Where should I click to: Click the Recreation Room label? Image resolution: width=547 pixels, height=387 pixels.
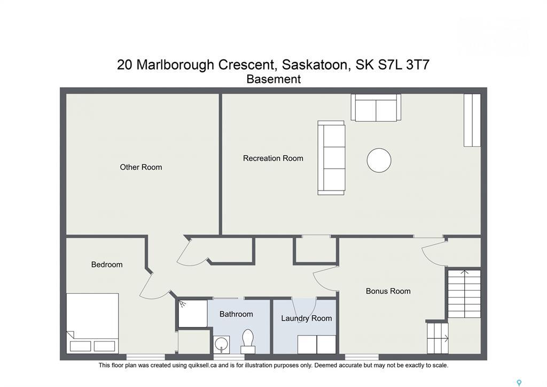coord(273,158)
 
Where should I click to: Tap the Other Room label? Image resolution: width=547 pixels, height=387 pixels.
coord(140,168)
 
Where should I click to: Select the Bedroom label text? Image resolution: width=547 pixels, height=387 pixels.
coord(107,264)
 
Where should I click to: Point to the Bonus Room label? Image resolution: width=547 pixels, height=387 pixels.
coord(388,291)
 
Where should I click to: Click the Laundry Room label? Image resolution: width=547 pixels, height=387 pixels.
coord(307,318)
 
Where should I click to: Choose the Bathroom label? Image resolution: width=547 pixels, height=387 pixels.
coord(236,314)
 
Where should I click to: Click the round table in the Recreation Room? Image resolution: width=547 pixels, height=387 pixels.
coord(379,160)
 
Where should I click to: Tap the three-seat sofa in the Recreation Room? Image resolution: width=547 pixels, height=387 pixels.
coord(331,157)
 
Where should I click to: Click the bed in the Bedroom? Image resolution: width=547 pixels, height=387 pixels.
coord(92,323)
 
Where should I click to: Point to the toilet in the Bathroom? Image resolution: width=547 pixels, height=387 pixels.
coord(248,341)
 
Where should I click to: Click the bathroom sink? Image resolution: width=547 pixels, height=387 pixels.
coord(221,344)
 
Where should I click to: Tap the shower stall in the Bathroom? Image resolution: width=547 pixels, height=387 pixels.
coord(192,314)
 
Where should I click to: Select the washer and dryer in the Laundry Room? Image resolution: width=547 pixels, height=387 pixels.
coord(317,344)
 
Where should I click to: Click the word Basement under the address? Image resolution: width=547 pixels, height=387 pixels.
coord(273,79)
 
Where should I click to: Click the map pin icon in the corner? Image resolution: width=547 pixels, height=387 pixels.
coord(519,383)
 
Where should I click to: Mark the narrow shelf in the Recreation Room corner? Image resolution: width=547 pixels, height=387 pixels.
coord(472,120)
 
